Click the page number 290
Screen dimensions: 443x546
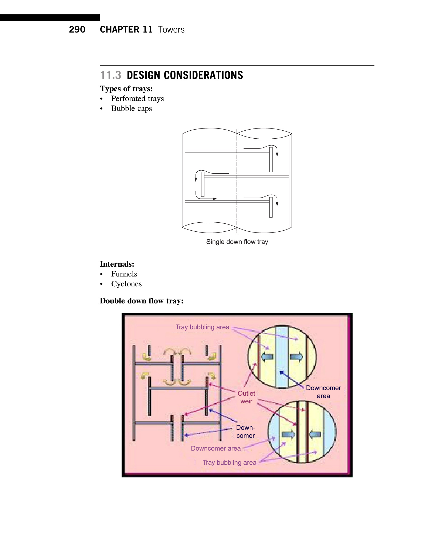coord(77,29)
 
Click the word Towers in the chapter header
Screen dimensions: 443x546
coord(171,29)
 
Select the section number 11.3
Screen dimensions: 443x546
coord(111,75)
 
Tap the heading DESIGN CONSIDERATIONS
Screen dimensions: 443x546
coord(185,75)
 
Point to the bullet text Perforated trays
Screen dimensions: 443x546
coord(137,99)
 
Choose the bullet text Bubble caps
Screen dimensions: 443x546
coord(131,109)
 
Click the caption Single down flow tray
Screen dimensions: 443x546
coord(237,242)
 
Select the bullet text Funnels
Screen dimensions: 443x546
coord(124,274)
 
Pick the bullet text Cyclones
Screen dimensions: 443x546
coord(126,284)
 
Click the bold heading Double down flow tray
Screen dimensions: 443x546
coord(142,301)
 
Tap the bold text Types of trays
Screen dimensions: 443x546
coord(126,89)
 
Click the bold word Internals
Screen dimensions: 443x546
coord(117,264)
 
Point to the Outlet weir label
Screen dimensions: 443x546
coord(246,397)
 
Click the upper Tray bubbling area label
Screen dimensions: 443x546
coord(202,327)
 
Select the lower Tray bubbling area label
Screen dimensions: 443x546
coord(229,463)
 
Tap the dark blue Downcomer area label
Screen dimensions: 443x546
coord(323,392)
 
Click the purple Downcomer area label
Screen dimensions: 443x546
coord(216,448)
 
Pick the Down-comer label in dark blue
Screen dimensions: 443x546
coord(246,432)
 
